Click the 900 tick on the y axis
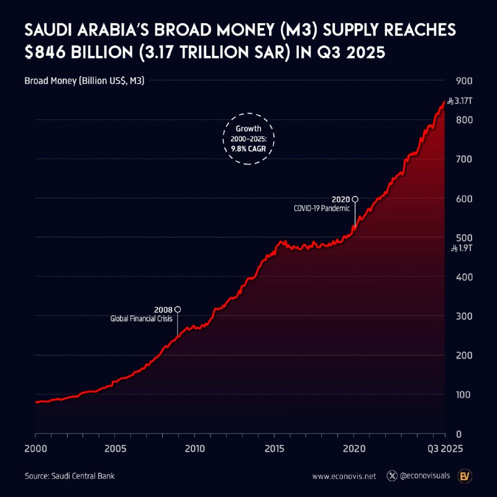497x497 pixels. pyautogui.click(x=464, y=81)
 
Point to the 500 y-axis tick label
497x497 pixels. pyautogui.click(x=464, y=238)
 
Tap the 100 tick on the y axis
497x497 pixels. pyautogui.click(x=464, y=395)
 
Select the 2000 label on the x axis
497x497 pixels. pyautogui.click(x=35, y=447)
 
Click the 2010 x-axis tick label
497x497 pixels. pyautogui.click(x=194, y=447)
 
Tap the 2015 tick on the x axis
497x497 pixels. pyautogui.click(x=275, y=447)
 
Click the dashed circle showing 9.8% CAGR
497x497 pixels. pyautogui.click(x=248, y=139)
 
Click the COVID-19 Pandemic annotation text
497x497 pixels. pyautogui.click(x=322, y=209)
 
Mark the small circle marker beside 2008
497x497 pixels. pyautogui.click(x=178, y=309)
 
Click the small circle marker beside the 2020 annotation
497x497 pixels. pyautogui.click(x=355, y=199)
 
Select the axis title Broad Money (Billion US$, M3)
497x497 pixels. pyautogui.click(x=84, y=81)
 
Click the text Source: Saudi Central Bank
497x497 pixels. pyautogui.click(x=70, y=476)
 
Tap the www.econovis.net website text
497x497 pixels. pyautogui.click(x=344, y=476)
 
